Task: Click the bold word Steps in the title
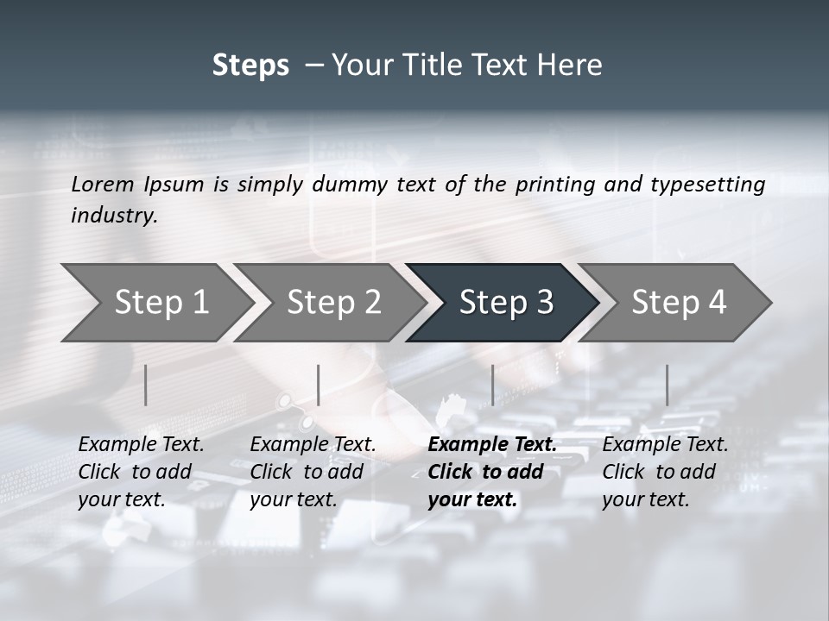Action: pos(250,66)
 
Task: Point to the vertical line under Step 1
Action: pos(146,385)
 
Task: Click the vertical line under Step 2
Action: pos(319,385)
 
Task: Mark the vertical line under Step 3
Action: pos(492,385)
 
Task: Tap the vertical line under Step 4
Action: pos(667,385)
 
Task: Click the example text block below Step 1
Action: pos(141,472)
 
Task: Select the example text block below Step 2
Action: pos(313,472)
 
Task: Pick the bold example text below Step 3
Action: pos(492,472)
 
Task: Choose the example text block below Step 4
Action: pos(665,472)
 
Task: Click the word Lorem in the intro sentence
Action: pos(103,185)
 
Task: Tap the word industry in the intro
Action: pos(114,216)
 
